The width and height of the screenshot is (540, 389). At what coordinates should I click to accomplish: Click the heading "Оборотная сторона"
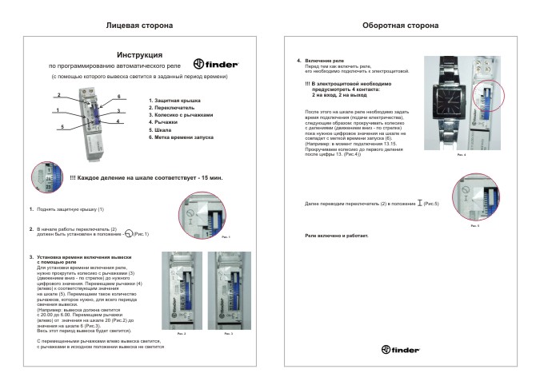tap(400, 26)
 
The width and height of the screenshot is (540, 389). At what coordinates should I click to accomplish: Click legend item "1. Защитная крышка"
tap(176, 100)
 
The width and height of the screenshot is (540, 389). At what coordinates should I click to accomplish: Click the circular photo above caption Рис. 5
tap(474, 200)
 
